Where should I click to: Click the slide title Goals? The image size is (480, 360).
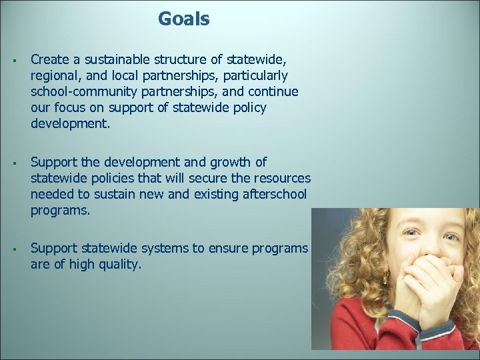[183, 19]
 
